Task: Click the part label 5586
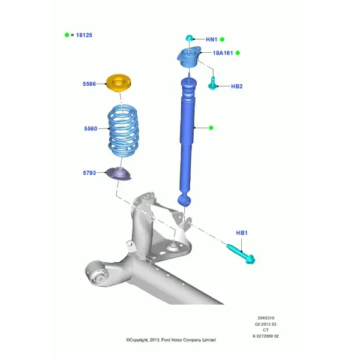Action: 89,84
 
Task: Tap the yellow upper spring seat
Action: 118,83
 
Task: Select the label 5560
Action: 91,128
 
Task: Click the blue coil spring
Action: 123,131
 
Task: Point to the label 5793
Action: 89,173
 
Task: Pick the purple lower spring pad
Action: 118,174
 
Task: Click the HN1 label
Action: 211,40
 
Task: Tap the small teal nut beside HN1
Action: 190,38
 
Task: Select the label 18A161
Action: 223,53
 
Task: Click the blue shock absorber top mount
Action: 189,57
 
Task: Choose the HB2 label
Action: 237,86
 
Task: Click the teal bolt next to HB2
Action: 212,84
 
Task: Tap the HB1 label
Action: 242,233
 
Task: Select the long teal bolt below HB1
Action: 241,254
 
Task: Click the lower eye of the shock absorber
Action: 184,200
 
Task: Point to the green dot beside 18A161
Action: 238,53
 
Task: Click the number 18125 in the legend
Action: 84,35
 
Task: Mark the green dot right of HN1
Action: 222,40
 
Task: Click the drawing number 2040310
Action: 266,318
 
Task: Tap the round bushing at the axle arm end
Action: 97,273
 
